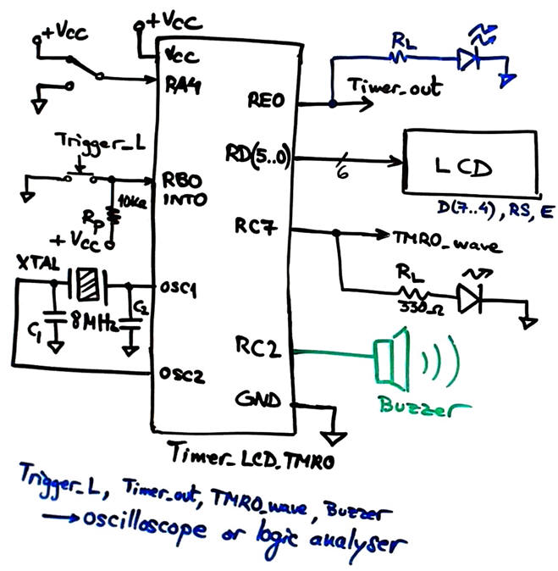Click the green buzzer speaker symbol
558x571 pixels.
[x=390, y=354]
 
